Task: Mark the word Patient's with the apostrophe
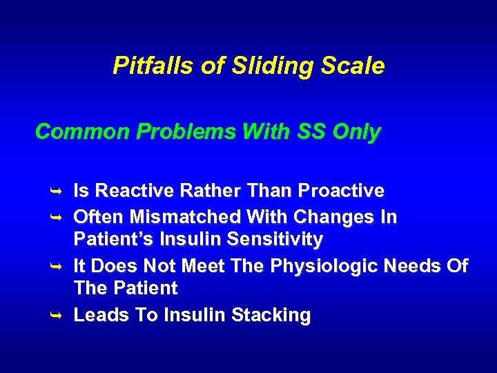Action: click(110, 240)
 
